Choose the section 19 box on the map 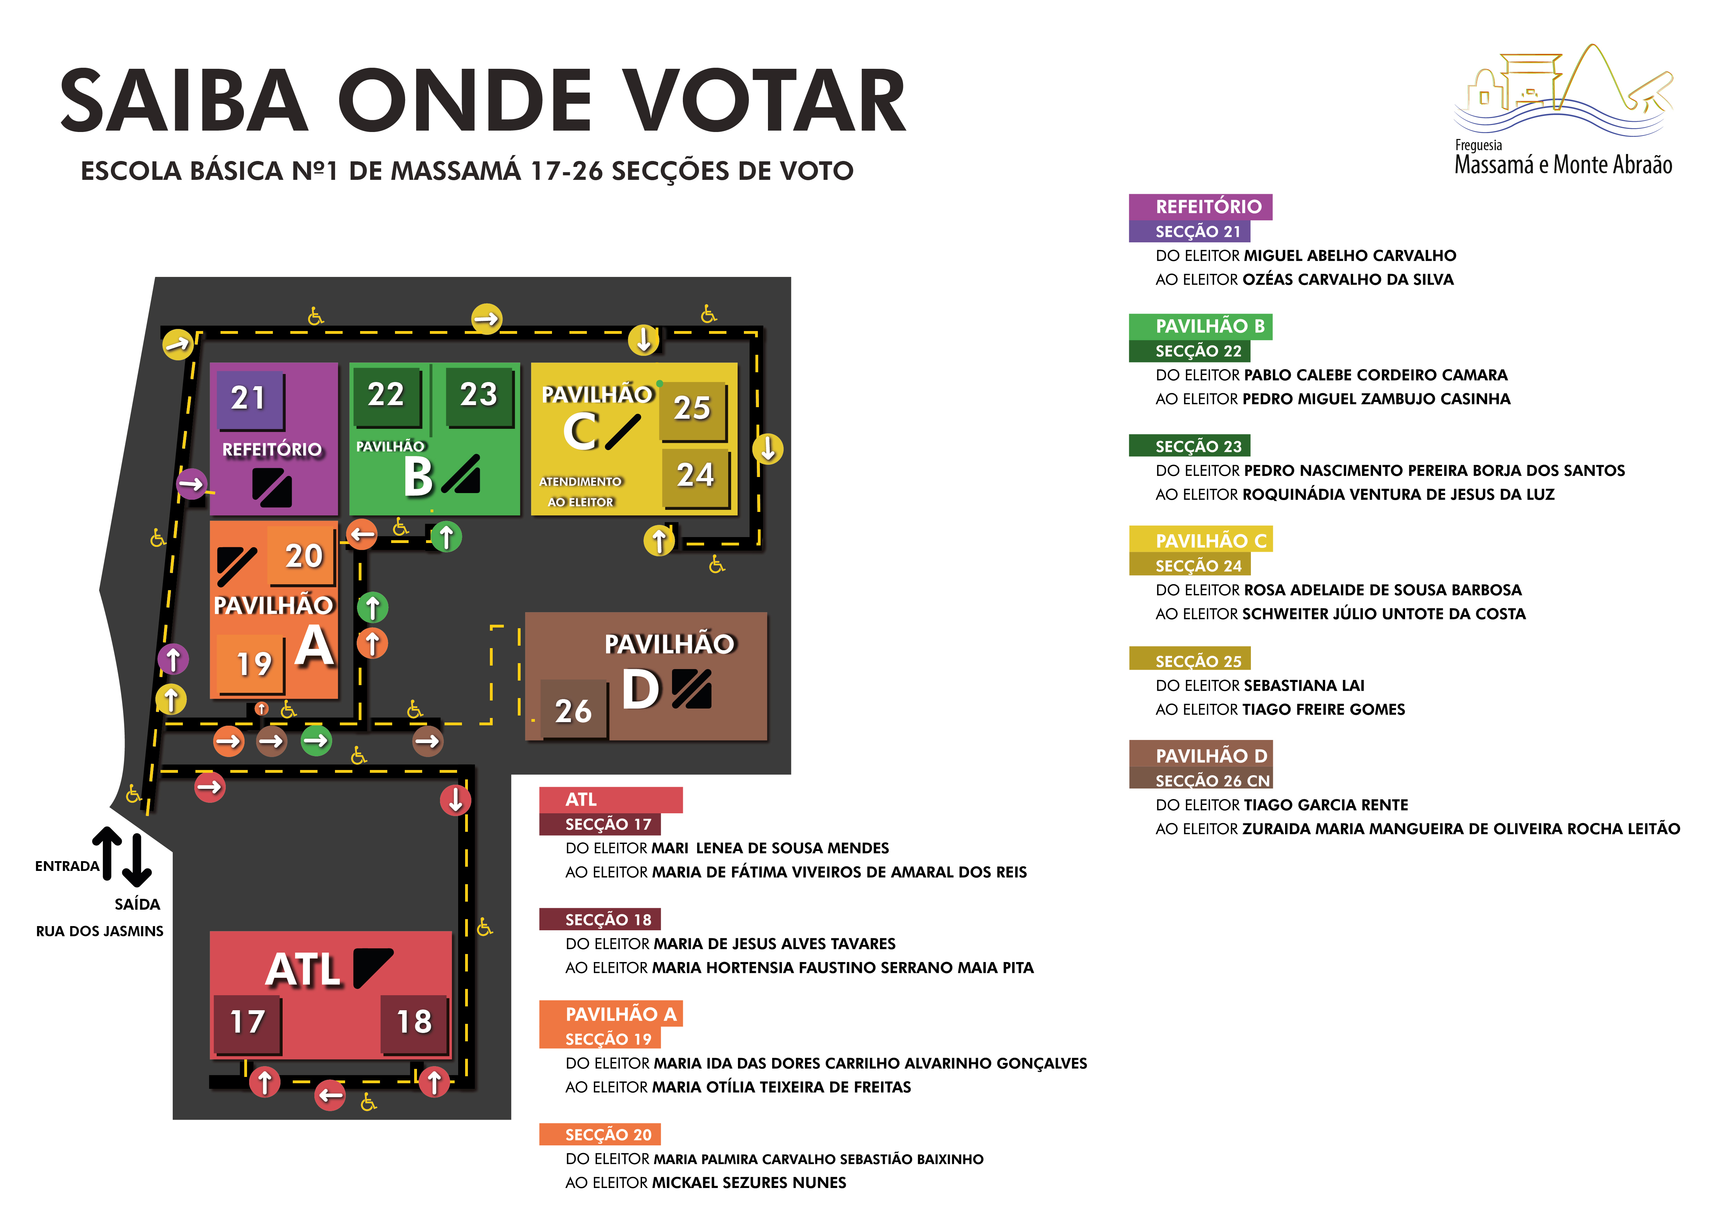[253, 664]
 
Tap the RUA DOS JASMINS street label [99, 932]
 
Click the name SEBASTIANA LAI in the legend [1304, 686]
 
